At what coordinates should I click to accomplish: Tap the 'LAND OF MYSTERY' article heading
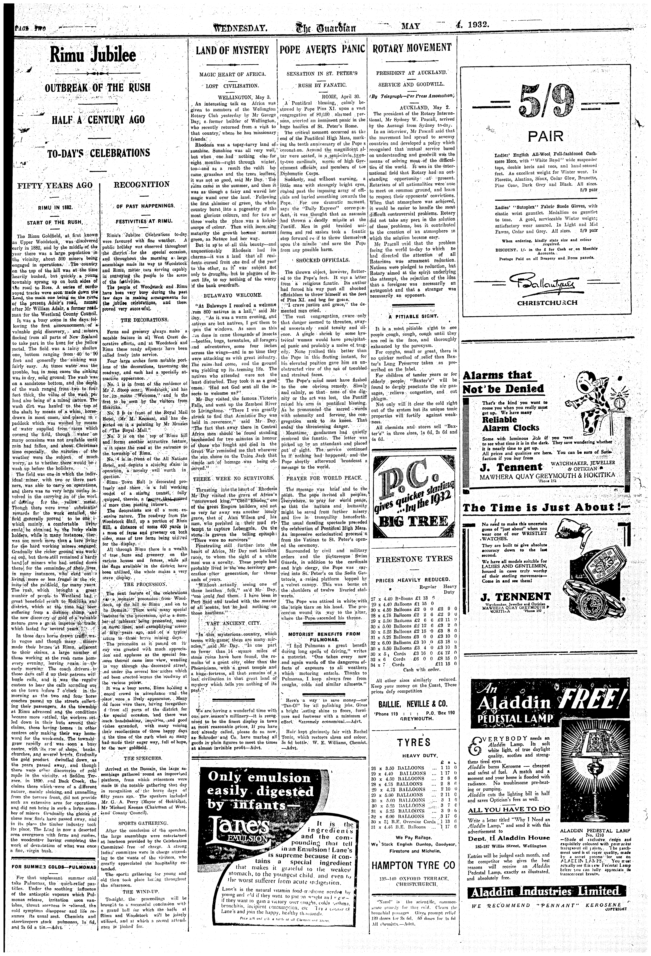pyautogui.click(x=232, y=50)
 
